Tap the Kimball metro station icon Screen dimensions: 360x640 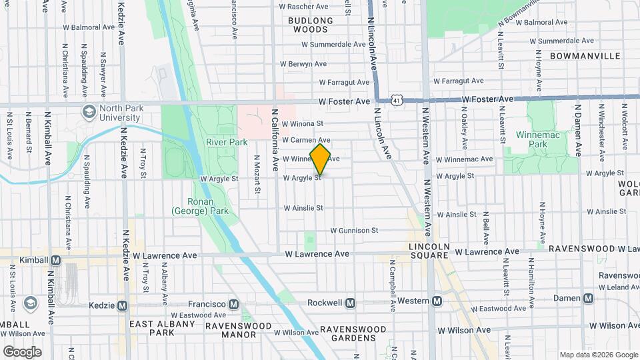coord(56,260)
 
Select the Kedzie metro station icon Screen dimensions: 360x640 coord(122,305)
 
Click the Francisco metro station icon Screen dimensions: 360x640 coord(233,304)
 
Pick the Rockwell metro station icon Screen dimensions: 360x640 coord(351,303)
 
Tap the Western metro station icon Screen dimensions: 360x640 coord(437,301)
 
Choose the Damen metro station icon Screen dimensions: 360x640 coord(587,298)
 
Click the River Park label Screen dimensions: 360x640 coord(227,142)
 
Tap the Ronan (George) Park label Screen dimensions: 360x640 coord(200,206)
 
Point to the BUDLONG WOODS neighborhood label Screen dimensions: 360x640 coord(308,25)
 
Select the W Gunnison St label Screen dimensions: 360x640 coord(354,231)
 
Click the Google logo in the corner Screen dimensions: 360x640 coord(22,351)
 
